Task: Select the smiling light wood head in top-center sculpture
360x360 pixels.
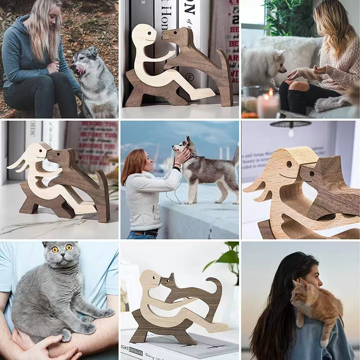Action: click(144, 36)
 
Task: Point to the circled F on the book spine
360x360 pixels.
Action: click(190, 77)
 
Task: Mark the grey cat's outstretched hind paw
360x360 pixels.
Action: click(105, 313)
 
